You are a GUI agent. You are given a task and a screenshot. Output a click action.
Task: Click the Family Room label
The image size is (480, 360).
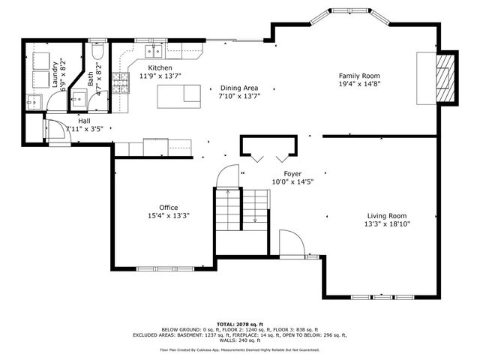(359, 76)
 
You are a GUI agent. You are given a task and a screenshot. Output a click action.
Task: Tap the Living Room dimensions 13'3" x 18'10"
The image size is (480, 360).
(387, 223)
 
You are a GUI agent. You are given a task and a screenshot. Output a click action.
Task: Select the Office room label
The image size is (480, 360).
(168, 207)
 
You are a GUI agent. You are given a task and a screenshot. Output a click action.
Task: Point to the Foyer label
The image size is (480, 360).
(292, 173)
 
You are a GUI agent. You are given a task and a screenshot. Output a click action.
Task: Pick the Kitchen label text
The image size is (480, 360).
(160, 67)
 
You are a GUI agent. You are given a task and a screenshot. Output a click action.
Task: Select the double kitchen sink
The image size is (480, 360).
(154, 51)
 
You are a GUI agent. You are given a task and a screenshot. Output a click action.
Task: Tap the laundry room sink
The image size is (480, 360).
(33, 101)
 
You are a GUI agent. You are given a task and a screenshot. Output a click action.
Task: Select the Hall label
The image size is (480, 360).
(85, 120)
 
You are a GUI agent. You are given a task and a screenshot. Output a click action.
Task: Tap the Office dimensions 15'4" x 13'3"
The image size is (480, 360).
(168, 216)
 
